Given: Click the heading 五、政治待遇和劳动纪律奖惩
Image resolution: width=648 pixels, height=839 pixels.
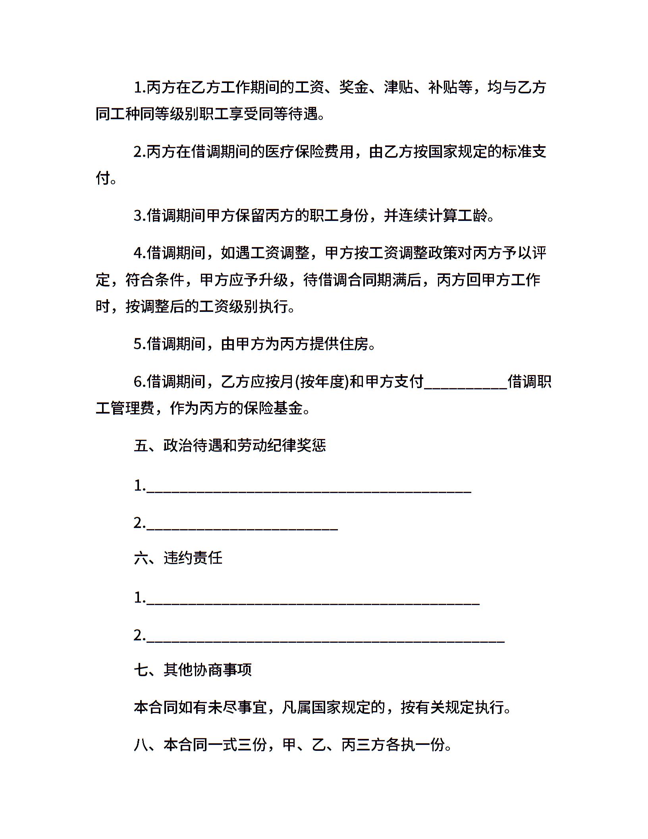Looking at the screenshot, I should click(x=230, y=445).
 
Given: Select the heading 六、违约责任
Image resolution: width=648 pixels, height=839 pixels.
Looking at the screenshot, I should click(x=178, y=558).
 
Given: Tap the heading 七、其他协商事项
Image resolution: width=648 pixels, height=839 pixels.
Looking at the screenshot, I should click(x=193, y=670).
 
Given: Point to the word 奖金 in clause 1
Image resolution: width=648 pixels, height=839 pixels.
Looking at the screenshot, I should click(x=354, y=87).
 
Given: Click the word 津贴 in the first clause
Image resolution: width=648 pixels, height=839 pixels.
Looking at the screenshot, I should click(x=399, y=87).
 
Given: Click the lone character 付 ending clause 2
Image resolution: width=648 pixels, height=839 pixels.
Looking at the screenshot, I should click(x=103, y=178).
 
